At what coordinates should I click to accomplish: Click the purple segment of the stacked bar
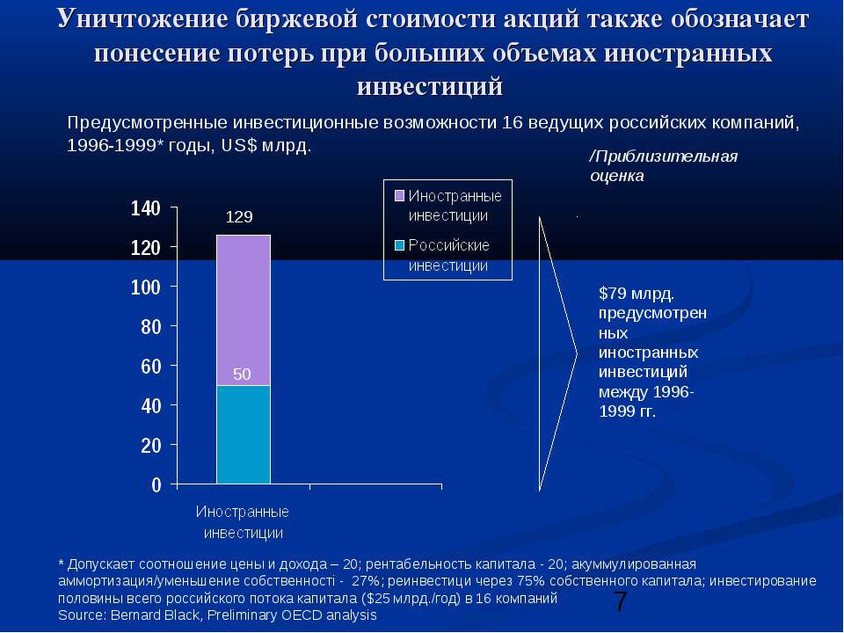[x=244, y=310]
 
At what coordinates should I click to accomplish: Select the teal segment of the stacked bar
[x=244, y=434]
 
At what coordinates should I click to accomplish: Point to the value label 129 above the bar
[x=239, y=217]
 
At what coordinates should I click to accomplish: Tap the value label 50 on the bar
[x=243, y=375]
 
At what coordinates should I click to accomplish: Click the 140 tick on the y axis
[x=146, y=208]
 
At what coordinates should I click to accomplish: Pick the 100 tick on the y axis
[x=146, y=287]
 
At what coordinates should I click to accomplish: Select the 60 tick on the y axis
[x=151, y=367]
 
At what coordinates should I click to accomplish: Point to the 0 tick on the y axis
[x=156, y=485]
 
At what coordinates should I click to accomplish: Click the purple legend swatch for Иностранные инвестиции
[x=399, y=195]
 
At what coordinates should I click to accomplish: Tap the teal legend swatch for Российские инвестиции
[x=399, y=245]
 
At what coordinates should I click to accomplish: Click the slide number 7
[x=621, y=601]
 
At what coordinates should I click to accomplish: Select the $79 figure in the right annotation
[x=613, y=294]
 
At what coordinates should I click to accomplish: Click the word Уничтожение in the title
[x=143, y=18]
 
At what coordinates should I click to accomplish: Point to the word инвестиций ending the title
[x=430, y=86]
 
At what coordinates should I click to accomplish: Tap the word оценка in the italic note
[x=617, y=176]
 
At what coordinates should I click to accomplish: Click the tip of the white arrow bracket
[x=577, y=353]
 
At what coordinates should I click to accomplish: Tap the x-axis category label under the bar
[x=243, y=522]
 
